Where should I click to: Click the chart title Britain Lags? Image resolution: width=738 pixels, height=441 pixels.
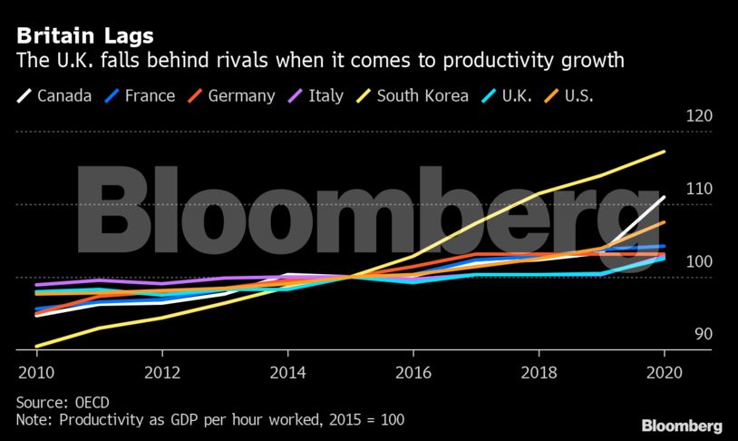pyautogui.click(x=84, y=36)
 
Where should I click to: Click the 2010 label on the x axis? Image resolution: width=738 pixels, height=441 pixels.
pyautogui.click(x=35, y=372)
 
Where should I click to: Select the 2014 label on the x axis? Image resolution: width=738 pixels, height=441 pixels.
pyautogui.click(x=287, y=372)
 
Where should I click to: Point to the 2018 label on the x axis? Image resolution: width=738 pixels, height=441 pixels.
pyautogui.click(x=539, y=372)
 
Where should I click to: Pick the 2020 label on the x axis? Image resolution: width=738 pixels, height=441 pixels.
pyautogui.click(x=665, y=372)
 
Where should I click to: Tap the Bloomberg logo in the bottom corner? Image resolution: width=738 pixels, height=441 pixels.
pyautogui.click(x=682, y=426)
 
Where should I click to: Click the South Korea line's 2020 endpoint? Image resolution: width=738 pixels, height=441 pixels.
pyautogui.click(x=665, y=152)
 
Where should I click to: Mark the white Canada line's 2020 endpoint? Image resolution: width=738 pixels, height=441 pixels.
pyautogui.click(x=665, y=197)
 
